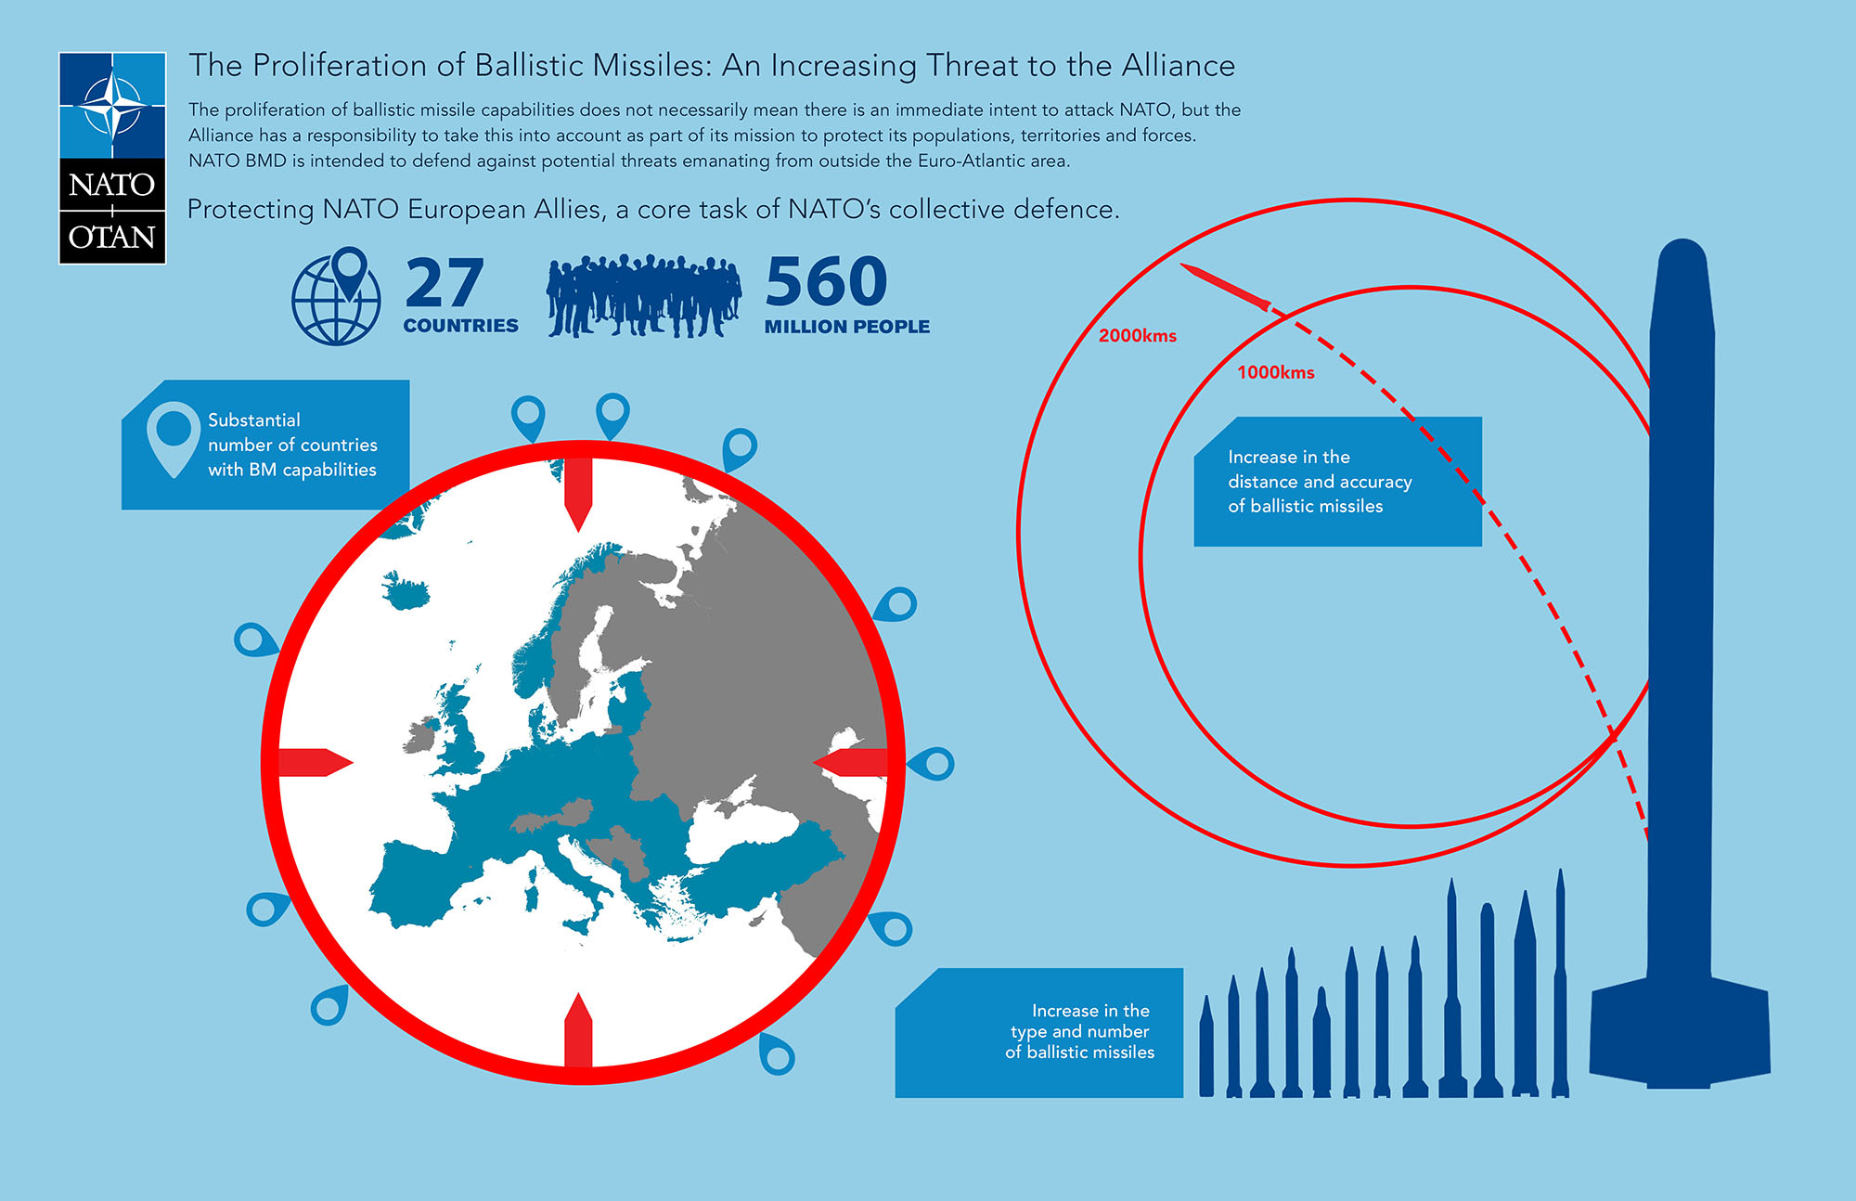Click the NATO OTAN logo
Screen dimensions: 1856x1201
click(x=112, y=158)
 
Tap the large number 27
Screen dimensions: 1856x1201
click(x=445, y=283)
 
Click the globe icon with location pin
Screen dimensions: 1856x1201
click(x=337, y=296)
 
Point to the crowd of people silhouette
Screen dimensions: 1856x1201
click(x=643, y=295)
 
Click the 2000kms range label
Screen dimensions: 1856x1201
click(x=1137, y=336)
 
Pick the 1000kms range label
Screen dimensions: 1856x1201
click(x=1275, y=372)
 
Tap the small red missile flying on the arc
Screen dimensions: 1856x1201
click(x=1225, y=287)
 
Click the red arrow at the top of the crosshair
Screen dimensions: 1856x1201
click(x=578, y=494)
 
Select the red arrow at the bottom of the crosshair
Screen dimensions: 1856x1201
click(x=578, y=1030)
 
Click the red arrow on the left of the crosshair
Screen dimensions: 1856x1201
click(x=316, y=762)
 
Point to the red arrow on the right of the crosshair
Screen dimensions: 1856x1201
click(x=850, y=762)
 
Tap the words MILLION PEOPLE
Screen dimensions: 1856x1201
click(x=847, y=327)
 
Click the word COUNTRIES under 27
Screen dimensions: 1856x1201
click(x=461, y=326)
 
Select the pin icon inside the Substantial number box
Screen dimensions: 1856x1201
click(x=174, y=439)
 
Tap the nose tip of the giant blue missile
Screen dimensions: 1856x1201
click(x=1682, y=240)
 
